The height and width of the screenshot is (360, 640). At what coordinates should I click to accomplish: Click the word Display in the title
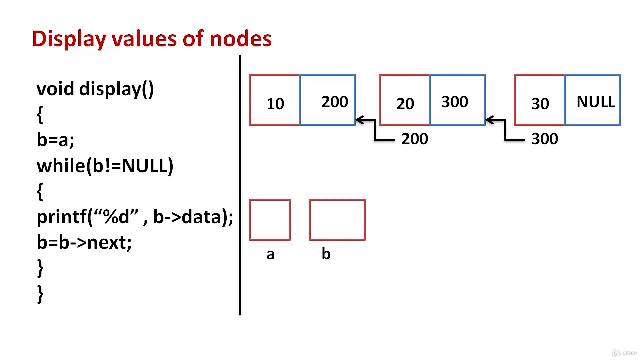[69, 39]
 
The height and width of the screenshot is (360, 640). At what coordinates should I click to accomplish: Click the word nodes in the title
[240, 39]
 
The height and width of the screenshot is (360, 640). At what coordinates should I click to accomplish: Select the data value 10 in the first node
[275, 104]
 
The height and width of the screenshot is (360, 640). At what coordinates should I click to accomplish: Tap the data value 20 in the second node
[405, 104]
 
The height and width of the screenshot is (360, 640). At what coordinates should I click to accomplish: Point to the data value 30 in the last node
[540, 104]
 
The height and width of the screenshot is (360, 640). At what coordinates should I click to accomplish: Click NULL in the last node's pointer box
[595, 102]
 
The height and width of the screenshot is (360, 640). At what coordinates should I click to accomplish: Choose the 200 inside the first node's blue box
[335, 102]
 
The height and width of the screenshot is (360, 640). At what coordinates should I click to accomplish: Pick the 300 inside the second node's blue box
[455, 102]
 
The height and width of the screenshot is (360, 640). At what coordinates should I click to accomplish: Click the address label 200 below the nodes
[415, 139]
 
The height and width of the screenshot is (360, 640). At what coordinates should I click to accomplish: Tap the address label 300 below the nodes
[545, 139]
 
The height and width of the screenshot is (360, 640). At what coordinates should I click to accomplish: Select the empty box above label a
[270, 220]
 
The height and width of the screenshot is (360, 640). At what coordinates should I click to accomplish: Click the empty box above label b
[337, 220]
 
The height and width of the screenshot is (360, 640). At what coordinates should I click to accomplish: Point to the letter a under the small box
[270, 255]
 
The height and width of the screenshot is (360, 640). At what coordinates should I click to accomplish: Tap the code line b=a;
[55, 140]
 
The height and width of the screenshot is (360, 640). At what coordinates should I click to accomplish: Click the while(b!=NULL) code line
[105, 166]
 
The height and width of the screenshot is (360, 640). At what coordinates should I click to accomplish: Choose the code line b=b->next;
[84, 242]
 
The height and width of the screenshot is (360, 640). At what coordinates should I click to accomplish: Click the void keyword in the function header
[55, 89]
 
